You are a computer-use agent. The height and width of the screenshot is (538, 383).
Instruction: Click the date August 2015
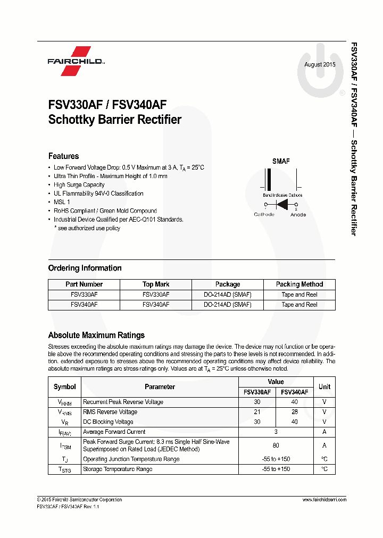coord(320,64)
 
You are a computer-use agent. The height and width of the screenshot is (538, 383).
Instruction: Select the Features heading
coord(63,156)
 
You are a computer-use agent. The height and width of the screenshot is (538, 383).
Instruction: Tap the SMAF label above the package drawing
coord(281,161)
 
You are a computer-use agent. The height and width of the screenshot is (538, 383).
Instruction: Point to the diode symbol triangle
coord(282,204)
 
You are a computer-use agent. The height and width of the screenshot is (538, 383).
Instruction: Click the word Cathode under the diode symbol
coord(264,214)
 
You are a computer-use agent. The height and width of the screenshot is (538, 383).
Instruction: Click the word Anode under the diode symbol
coord(298,214)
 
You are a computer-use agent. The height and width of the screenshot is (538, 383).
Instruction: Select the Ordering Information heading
coord(85,268)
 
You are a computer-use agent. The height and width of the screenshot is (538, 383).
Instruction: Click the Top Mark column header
coord(156,284)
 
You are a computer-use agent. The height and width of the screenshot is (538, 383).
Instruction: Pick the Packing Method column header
coord(299,284)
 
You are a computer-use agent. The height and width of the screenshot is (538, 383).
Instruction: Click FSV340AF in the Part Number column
coord(84,305)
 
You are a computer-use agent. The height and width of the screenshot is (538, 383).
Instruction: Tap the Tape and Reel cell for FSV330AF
coord(299,295)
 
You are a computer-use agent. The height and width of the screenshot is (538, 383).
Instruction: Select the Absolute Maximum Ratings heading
coord(96,335)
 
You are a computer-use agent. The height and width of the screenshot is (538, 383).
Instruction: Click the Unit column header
coord(324,386)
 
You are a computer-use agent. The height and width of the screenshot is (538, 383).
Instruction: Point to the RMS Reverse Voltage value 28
coord(295,412)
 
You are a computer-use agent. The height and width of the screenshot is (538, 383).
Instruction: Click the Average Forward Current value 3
coord(276,432)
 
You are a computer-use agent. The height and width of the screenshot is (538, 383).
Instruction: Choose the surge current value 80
coord(276,445)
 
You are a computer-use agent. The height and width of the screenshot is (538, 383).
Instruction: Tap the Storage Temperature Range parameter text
coord(118,469)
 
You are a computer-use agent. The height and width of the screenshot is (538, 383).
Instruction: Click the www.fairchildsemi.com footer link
coord(324,500)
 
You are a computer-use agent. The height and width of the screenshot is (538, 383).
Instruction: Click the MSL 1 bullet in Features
coord(62,202)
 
